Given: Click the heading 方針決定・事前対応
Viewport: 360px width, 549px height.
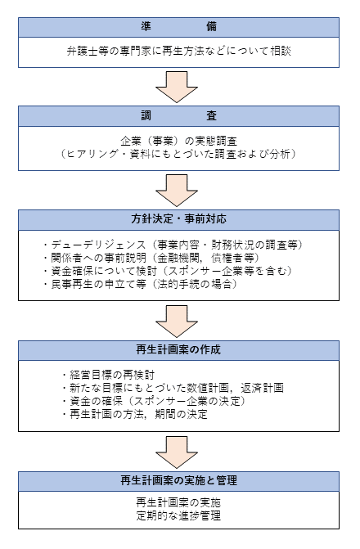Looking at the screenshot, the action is pos(178,219).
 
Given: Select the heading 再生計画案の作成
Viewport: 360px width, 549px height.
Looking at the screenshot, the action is pos(178,350).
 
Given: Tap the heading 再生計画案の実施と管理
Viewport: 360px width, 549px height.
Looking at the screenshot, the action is pos(178,480).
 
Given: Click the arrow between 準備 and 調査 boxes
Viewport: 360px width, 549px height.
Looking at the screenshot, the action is pos(177,88).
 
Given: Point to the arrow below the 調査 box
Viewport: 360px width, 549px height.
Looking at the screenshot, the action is pos(177,191).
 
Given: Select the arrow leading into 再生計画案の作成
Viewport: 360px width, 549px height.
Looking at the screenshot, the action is pos(177,322).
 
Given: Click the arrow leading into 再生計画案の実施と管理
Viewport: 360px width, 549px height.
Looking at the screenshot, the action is pos(177,452).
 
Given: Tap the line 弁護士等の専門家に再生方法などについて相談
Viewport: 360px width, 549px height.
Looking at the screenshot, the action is pos(179,51).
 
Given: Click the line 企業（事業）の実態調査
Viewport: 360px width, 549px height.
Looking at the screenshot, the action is pos(178,141).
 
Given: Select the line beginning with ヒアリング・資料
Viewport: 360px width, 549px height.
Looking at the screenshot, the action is pos(178,154).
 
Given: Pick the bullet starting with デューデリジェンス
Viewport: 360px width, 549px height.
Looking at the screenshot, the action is pos(173,245).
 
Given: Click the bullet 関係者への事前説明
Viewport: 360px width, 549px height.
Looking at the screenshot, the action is pos(151,258).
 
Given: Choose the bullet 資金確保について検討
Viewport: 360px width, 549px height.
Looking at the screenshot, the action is pos(168,271).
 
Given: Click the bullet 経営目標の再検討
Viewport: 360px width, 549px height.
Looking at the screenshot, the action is pos(108,375).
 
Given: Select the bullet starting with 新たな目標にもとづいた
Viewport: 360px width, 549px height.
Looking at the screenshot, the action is pos(173,389).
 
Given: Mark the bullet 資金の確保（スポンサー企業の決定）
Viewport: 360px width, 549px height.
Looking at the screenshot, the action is pos(154,401).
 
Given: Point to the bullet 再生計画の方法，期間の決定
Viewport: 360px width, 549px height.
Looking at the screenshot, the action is pos(135,415).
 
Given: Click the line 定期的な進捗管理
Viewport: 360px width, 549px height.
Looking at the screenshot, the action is pos(178,516).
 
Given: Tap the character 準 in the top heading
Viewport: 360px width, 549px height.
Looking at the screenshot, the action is pos(146,27).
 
